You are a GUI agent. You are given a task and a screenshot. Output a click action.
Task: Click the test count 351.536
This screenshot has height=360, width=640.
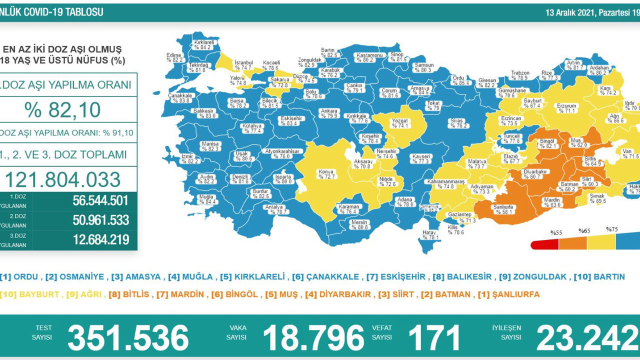(128, 337)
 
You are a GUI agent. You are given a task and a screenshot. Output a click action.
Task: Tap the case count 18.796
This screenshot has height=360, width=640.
(313, 337)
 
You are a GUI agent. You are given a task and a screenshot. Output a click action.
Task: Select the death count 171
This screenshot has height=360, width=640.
(433, 337)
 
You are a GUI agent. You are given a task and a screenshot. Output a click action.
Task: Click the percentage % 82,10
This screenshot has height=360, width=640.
(69, 110)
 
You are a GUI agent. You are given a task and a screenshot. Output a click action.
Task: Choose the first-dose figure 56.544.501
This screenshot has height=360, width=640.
(100, 201)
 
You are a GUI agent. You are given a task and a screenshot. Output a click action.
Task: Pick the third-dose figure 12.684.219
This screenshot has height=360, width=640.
(100, 239)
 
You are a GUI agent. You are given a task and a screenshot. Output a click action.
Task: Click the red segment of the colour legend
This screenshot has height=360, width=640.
(544, 244)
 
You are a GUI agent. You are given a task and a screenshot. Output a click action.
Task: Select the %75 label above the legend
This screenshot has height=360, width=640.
(612, 229)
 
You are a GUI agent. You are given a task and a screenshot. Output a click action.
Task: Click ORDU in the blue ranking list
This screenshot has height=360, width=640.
(25, 276)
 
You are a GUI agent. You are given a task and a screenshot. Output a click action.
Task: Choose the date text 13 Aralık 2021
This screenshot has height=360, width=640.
(569, 12)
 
